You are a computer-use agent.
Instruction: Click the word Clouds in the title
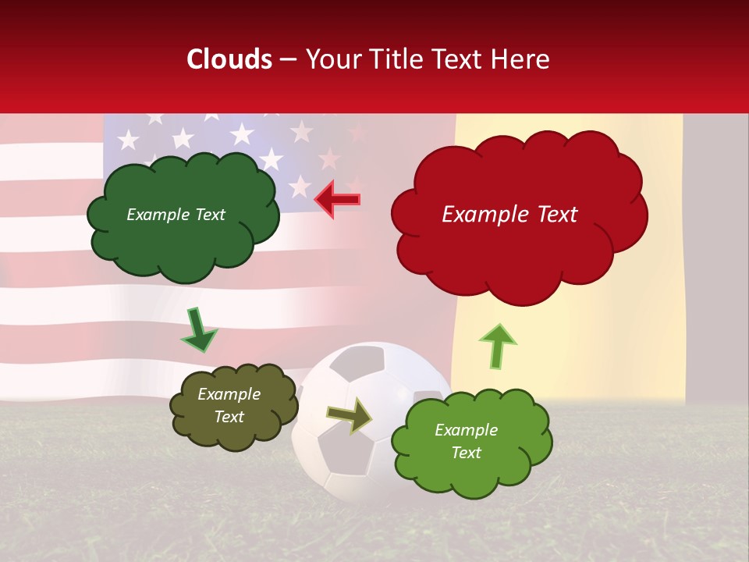(229, 59)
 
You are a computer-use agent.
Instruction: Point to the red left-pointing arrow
(337, 199)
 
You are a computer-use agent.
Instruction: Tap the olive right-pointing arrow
(349, 416)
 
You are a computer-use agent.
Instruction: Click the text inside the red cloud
(509, 215)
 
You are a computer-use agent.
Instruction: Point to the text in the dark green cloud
(176, 215)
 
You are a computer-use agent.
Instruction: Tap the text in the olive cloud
(229, 406)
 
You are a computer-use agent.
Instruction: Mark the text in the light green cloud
(466, 441)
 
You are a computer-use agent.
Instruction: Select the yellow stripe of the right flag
(570, 343)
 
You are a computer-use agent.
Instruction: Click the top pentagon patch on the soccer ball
(361, 361)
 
